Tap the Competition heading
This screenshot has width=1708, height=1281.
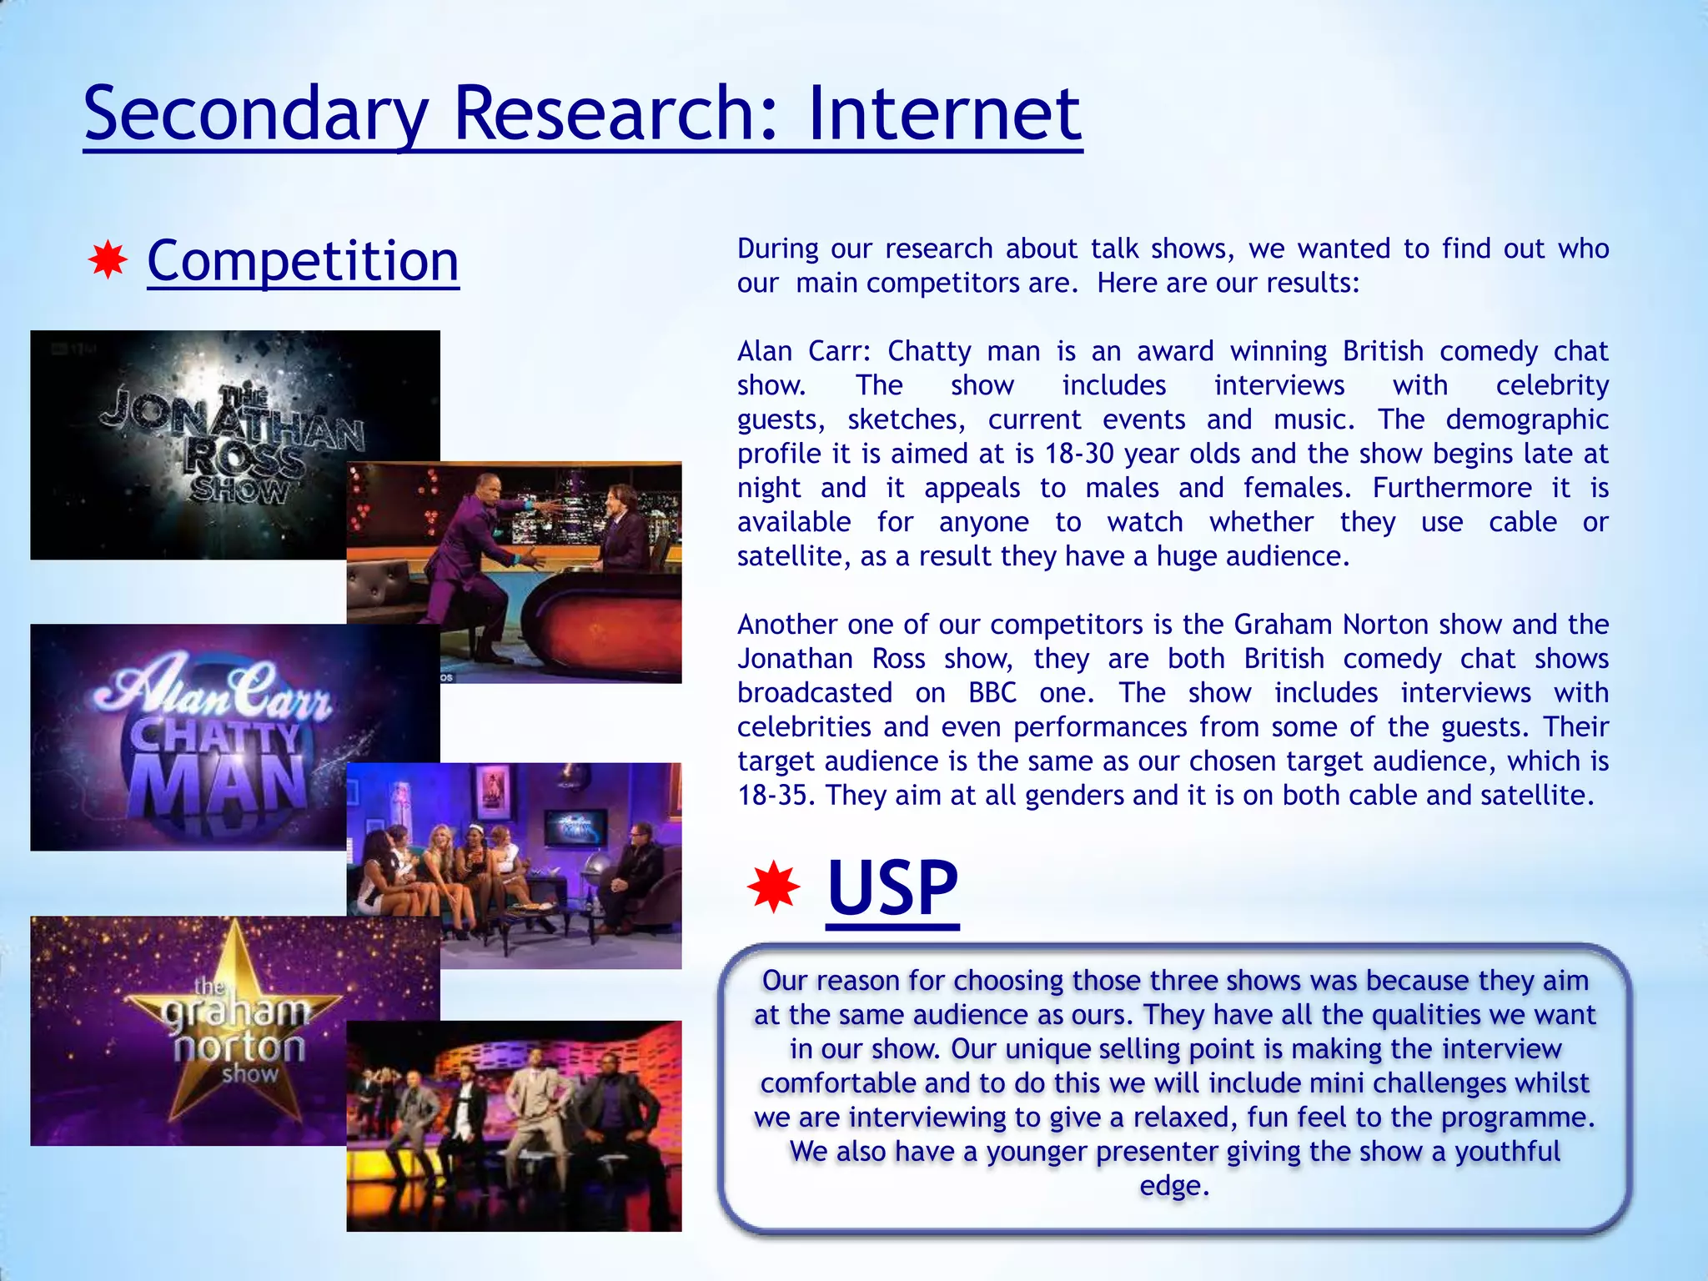point(303,261)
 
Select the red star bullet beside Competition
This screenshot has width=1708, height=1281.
point(108,261)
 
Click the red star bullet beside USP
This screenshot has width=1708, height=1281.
point(773,886)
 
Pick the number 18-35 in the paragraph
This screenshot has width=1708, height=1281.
point(776,796)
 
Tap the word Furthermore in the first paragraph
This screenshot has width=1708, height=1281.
point(1452,488)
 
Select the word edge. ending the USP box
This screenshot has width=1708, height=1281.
point(1174,1185)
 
